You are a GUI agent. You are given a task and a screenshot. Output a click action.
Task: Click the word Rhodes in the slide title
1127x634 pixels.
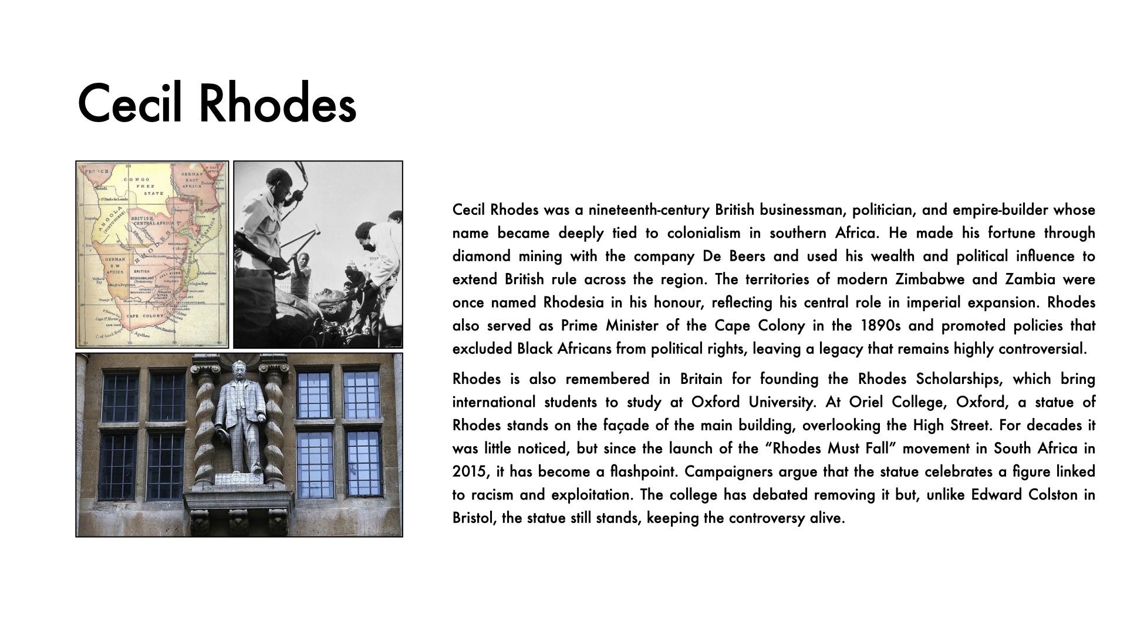click(278, 104)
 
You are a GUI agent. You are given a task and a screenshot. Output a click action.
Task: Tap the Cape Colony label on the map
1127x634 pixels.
click(145, 316)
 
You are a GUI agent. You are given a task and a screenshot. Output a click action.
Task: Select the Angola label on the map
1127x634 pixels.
click(112, 221)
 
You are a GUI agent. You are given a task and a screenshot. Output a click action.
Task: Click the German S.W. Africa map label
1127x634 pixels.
click(115, 265)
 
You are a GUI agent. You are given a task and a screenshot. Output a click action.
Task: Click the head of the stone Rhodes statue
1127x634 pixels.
click(239, 371)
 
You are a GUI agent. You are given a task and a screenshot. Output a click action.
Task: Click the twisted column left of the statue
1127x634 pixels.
click(202, 423)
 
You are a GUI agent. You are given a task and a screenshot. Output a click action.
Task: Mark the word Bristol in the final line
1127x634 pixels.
click(474, 518)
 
